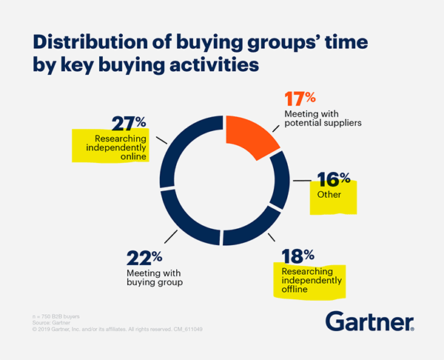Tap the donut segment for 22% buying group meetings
(x=184, y=224)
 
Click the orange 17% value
(x=300, y=99)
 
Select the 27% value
(x=129, y=124)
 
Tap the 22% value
(x=144, y=258)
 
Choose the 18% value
(x=298, y=256)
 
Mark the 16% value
(x=334, y=179)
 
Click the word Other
(x=329, y=195)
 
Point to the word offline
(x=295, y=289)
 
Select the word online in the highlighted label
(x=133, y=156)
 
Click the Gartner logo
(x=370, y=321)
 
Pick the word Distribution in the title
(x=90, y=42)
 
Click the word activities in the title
(x=214, y=64)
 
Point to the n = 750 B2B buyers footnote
(x=56, y=316)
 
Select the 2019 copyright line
(x=117, y=330)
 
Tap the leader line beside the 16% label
(x=302, y=180)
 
